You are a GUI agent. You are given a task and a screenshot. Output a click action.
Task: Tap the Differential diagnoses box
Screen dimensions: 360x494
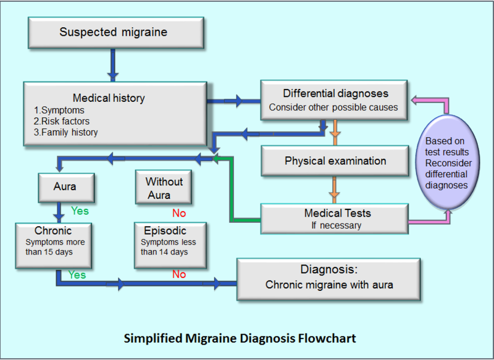coord(335,100)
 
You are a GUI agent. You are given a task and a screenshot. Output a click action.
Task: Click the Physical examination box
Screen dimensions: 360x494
coord(335,161)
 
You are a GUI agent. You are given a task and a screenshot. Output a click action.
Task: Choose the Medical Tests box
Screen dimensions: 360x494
coord(334,219)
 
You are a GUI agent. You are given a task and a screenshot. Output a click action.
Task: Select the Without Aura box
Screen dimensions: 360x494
coord(164,188)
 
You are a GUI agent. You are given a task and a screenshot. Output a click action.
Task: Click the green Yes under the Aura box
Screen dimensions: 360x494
coord(80,211)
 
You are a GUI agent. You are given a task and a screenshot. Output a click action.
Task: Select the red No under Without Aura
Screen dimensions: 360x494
coord(179,213)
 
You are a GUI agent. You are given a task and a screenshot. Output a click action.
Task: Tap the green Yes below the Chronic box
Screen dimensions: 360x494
coord(77,274)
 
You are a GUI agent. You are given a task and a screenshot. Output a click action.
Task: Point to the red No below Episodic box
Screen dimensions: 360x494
coord(179,274)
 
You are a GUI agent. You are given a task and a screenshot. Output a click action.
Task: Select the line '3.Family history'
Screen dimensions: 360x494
coord(66,132)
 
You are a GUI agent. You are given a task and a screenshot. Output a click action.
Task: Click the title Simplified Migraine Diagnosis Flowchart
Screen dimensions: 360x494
coord(240,338)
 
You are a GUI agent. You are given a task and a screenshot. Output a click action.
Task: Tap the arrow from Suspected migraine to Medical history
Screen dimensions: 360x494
coord(113,64)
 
